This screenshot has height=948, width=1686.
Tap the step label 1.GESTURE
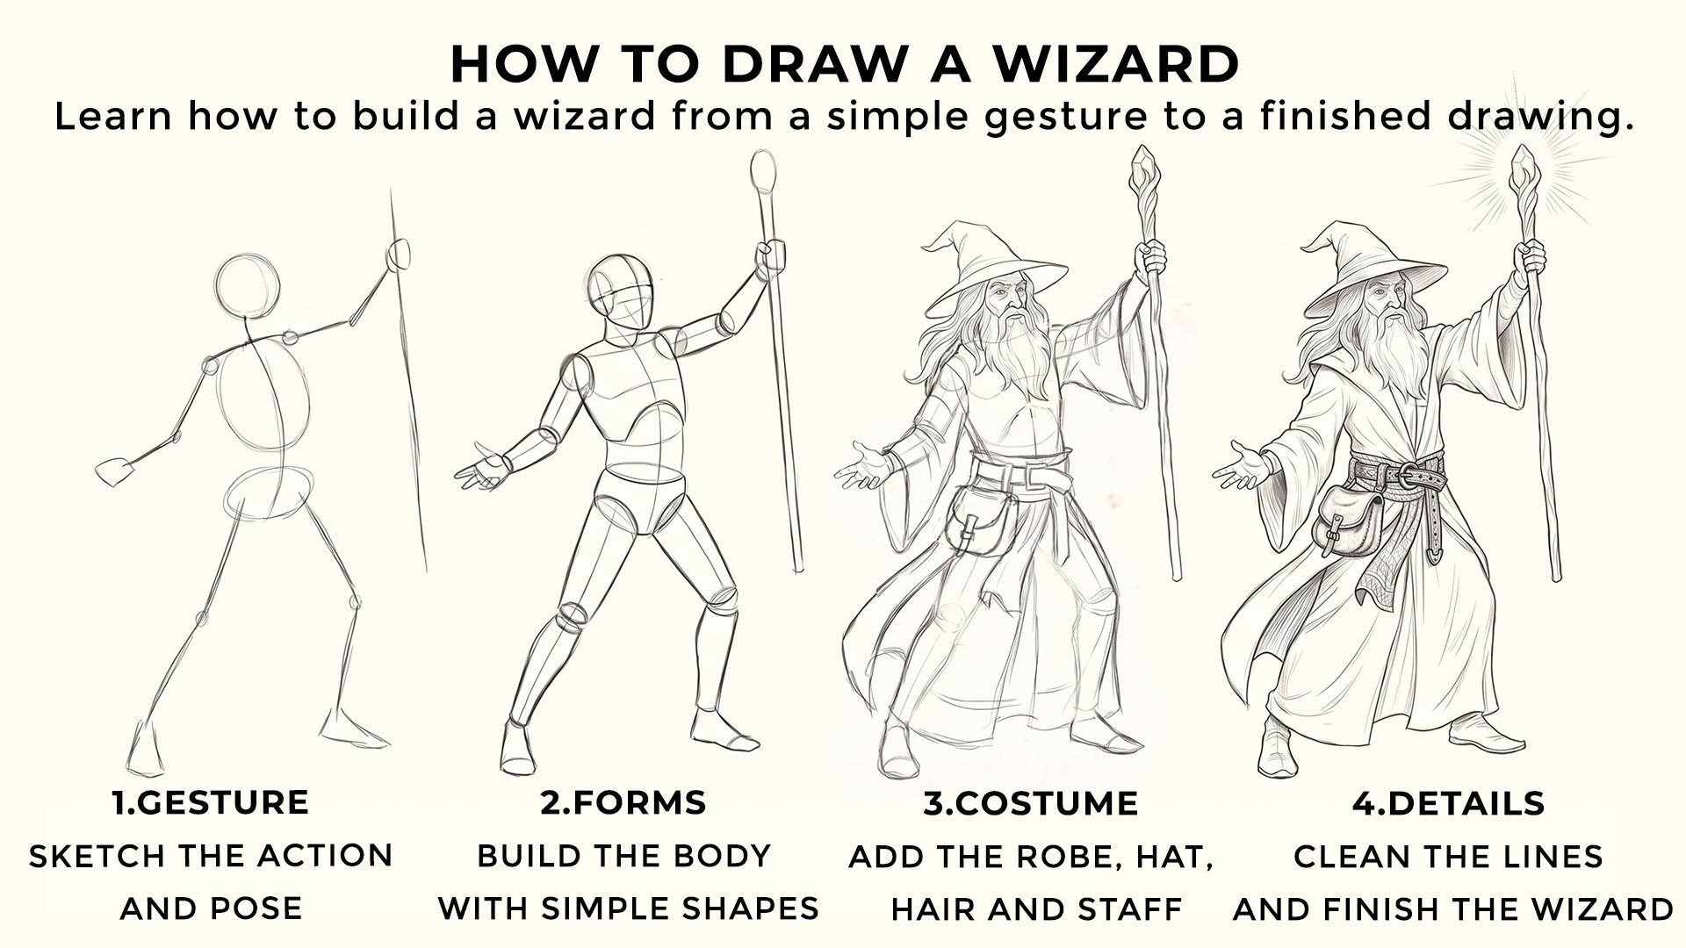211,802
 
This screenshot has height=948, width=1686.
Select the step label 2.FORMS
623,802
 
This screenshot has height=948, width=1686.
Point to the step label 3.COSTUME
1030,802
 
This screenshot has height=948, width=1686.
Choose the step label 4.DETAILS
1448,802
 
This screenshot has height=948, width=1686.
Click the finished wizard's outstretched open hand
1240,465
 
